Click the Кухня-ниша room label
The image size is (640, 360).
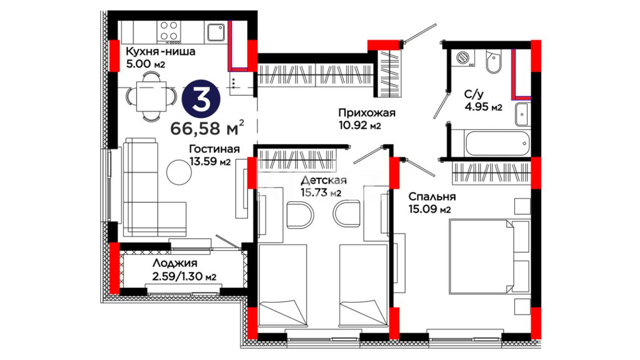tap(160, 52)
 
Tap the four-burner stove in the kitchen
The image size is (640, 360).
tap(169, 32)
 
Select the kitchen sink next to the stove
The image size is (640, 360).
tap(216, 32)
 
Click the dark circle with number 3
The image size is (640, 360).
tap(201, 99)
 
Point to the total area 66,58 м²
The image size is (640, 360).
tap(207, 128)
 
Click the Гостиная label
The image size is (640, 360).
tap(214, 149)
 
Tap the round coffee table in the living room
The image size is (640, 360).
tap(179, 172)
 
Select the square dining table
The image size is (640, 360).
tap(151, 97)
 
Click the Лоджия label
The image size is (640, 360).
tap(175, 263)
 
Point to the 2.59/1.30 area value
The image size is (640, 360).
tap(184, 277)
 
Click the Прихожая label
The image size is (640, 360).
tap(367, 113)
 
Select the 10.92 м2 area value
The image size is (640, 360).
tap(359, 126)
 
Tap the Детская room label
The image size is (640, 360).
tap(324, 180)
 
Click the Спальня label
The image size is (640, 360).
tap(432, 197)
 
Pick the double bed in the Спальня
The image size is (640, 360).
tap(489, 257)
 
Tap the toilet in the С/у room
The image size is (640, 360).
tap(494, 62)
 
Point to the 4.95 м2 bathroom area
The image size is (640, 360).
tap(483, 107)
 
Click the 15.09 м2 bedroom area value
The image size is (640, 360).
tap(430, 209)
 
